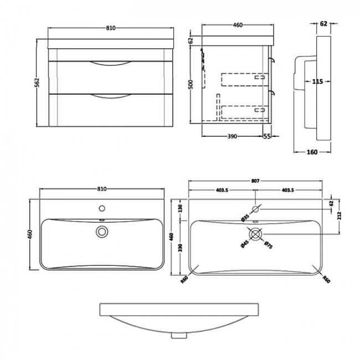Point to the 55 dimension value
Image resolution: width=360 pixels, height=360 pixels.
tap(268, 136)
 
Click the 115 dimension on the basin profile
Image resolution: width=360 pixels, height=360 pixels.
tap(317, 82)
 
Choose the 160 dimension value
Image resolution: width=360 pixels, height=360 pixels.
tap(312, 152)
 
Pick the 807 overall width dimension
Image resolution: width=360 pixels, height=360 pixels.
tap(255, 181)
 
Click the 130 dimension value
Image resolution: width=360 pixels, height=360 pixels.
tap(180, 209)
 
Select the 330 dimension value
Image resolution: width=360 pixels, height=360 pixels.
tap(180, 246)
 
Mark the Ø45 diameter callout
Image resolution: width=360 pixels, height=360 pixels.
tap(244, 244)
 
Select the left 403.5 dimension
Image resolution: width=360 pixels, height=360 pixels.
tap(222, 190)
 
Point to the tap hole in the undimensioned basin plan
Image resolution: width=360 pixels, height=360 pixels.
tap(102, 209)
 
